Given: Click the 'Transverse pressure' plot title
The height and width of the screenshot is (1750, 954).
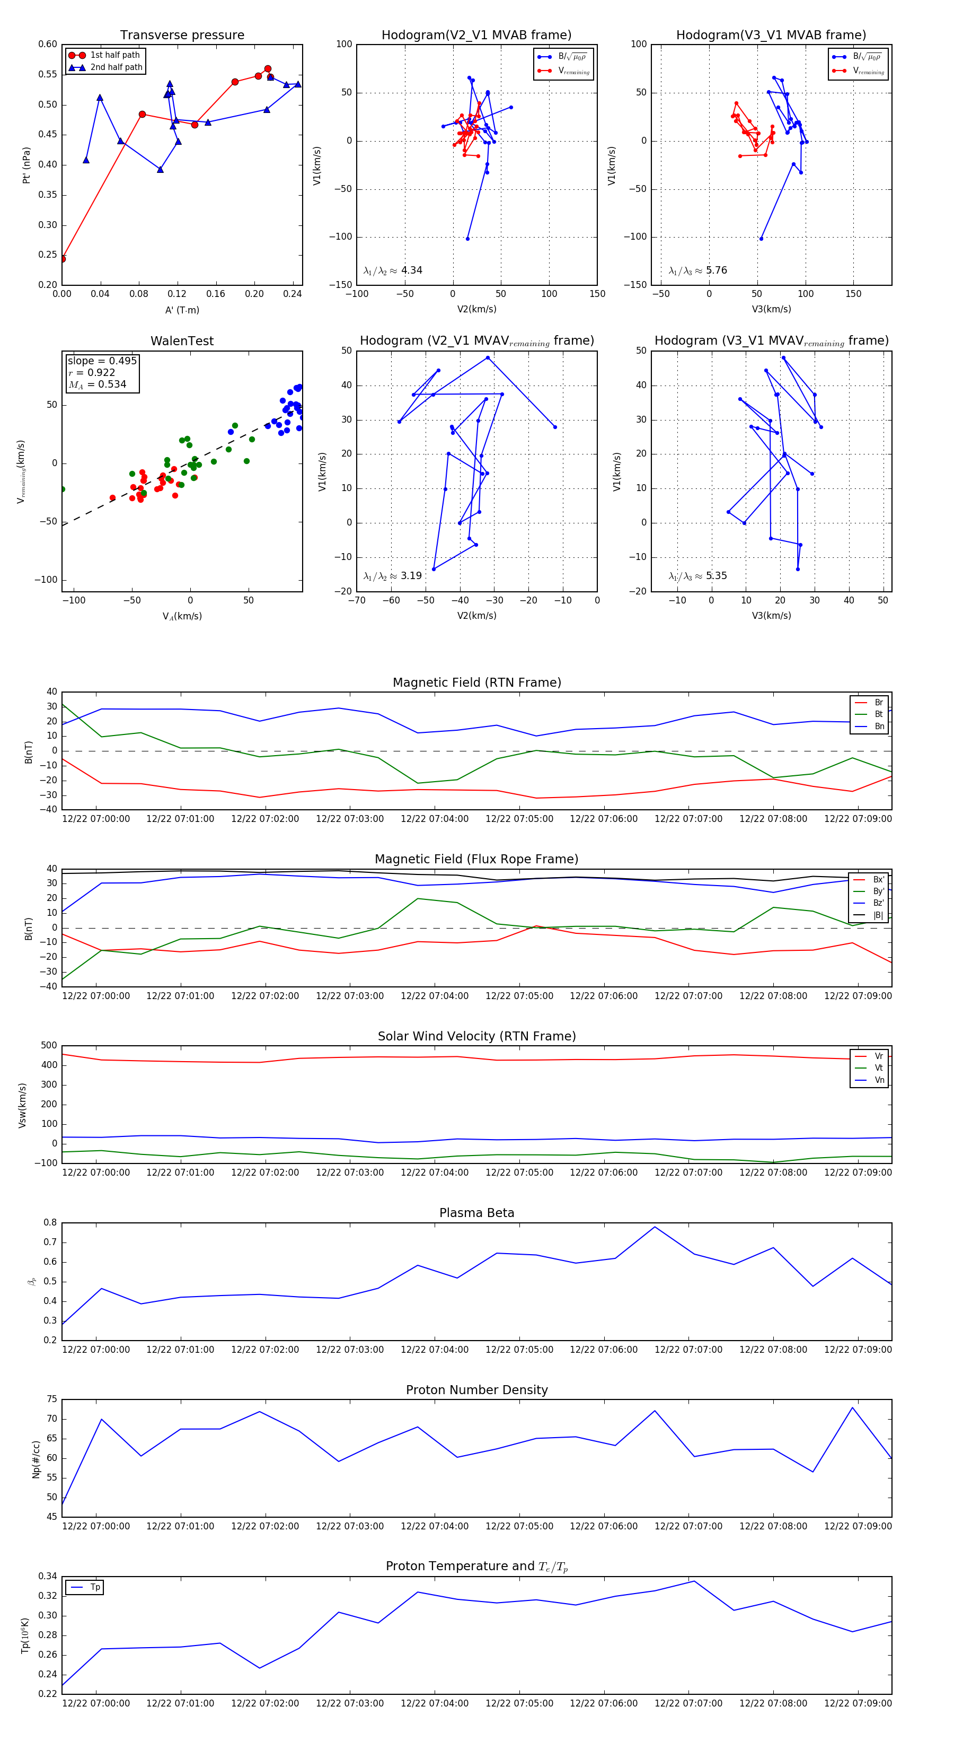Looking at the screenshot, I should (182, 36).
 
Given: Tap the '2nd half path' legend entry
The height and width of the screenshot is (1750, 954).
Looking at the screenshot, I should (116, 67).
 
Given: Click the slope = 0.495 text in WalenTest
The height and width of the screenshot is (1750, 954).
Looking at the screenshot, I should (102, 361).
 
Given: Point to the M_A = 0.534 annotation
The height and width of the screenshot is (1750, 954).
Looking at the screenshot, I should (97, 384).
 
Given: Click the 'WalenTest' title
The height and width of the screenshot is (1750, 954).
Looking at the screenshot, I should (182, 341).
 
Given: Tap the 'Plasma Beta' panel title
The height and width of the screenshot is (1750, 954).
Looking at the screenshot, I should (476, 1213).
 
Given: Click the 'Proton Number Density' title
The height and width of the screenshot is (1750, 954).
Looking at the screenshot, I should (476, 1390).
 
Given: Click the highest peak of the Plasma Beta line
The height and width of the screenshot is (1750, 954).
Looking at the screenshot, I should (655, 1227).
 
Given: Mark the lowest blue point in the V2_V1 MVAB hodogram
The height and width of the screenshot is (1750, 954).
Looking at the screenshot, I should (467, 239).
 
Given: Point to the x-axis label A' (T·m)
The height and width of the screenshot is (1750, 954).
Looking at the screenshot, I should (182, 310).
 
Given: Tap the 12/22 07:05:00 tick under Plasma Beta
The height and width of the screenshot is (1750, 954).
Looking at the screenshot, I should (519, 1350).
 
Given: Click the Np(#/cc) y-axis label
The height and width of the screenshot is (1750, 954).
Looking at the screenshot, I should (36, 1459).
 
